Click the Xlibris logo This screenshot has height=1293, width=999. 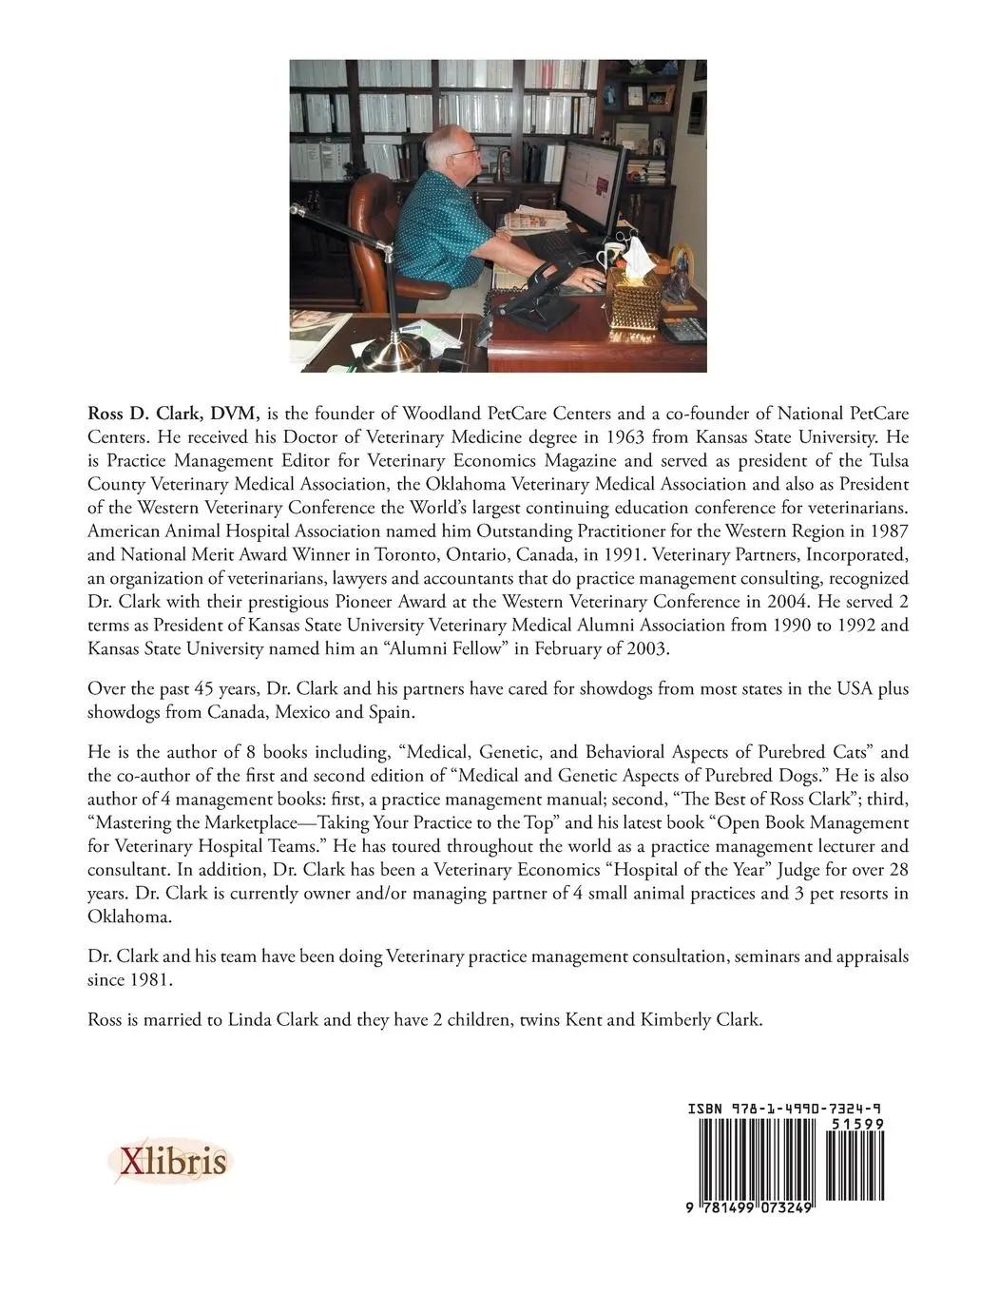pyautogui.click(x=169, y=1161)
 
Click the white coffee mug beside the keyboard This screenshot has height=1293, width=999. pyautogui.click(x=609, y=258)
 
